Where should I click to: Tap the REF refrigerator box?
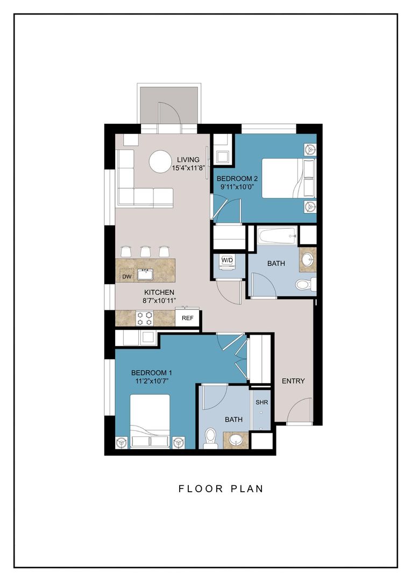pos(187,318)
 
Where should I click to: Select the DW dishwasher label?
pos(127,277)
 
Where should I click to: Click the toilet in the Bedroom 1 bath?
pos(211,438)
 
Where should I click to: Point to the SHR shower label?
pos(261,402)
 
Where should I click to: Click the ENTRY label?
pos(293,381)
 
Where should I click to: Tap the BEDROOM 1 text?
pos(151,373)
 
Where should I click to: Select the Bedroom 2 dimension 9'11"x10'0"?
pos(235,187)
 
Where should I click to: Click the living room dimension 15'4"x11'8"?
pos(188,168)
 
